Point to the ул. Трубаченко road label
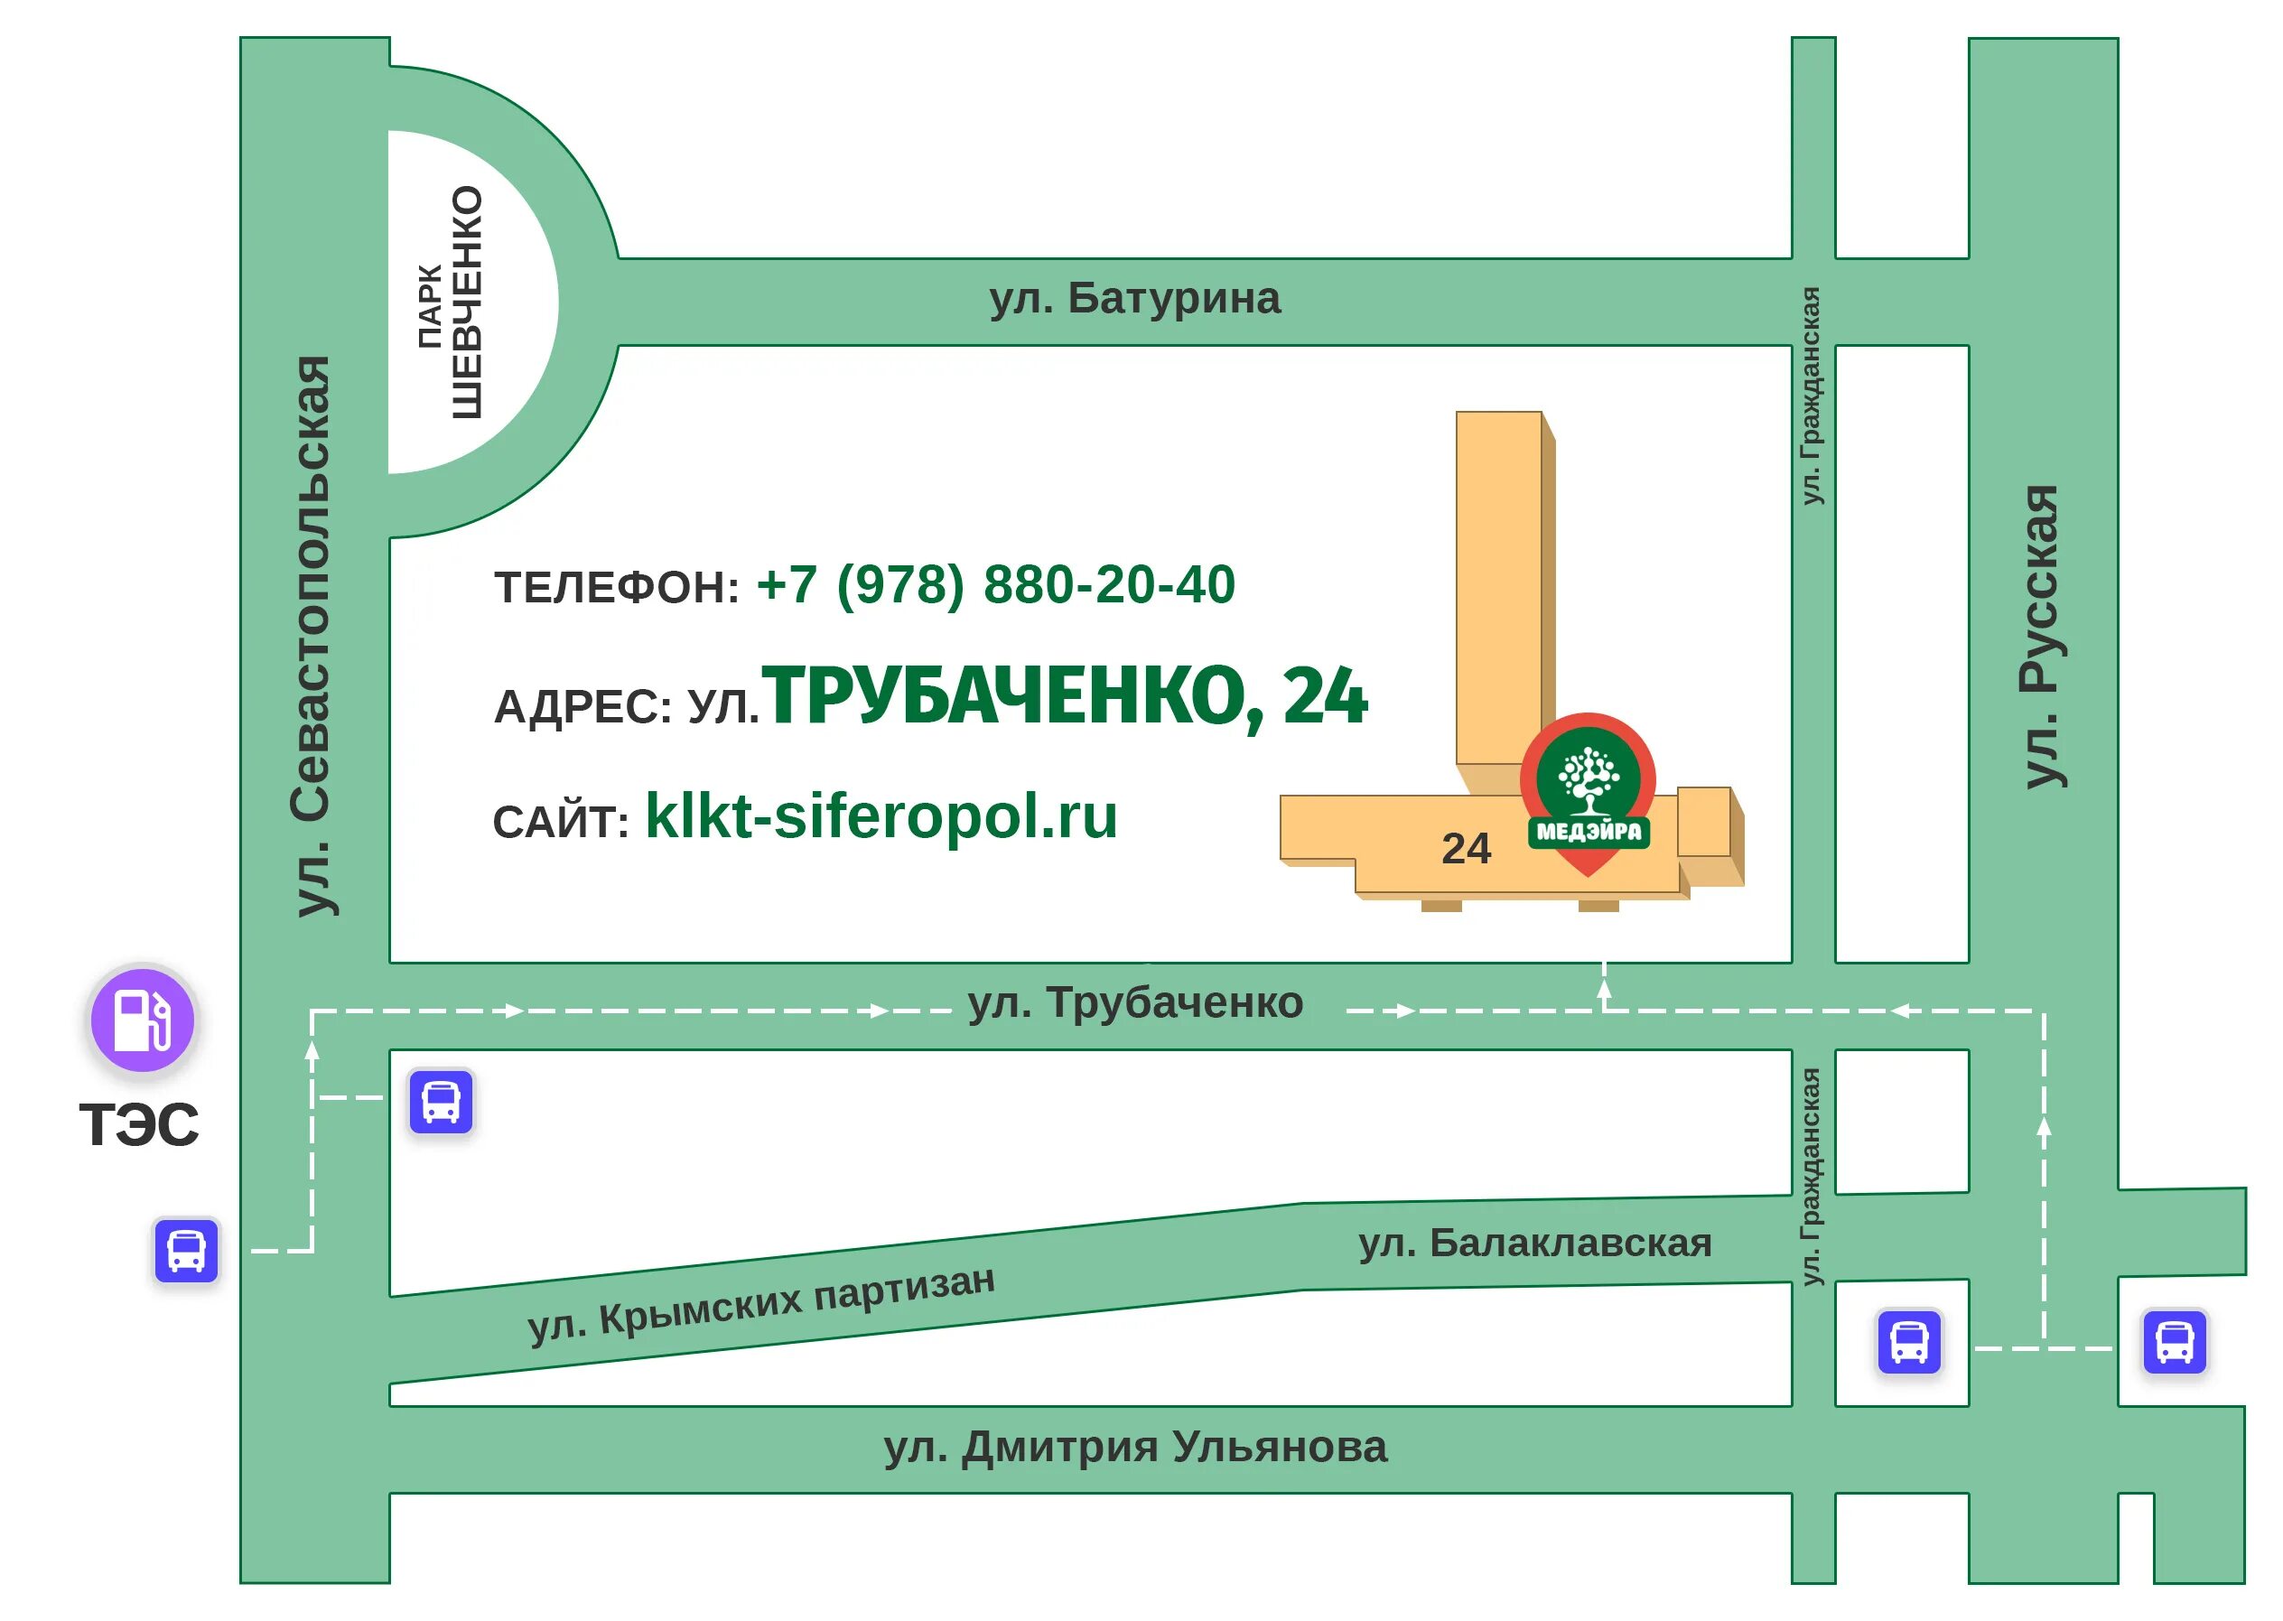click(x=1135, y=1003)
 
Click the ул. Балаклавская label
click(x=1534, y=1243)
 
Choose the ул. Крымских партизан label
click(x=761, y=1304)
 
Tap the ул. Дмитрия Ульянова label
click(x=1135, y=1447)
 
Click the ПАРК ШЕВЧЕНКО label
click(x=452, y=303)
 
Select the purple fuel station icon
click(x=143, y=1020)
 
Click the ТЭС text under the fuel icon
click(x=140, y=1125)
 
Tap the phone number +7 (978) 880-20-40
click(x=995, y=585)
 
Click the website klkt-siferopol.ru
click(x=881, y=816)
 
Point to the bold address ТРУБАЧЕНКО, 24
click(x=1064, y=695)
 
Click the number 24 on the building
click(x=1466, y=850)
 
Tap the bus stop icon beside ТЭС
click(x=187, y=1250)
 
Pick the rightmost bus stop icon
click(x=2175, y=1342)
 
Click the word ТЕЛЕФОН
click(x=616, y=588)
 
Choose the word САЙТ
click(x=560, y=823)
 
